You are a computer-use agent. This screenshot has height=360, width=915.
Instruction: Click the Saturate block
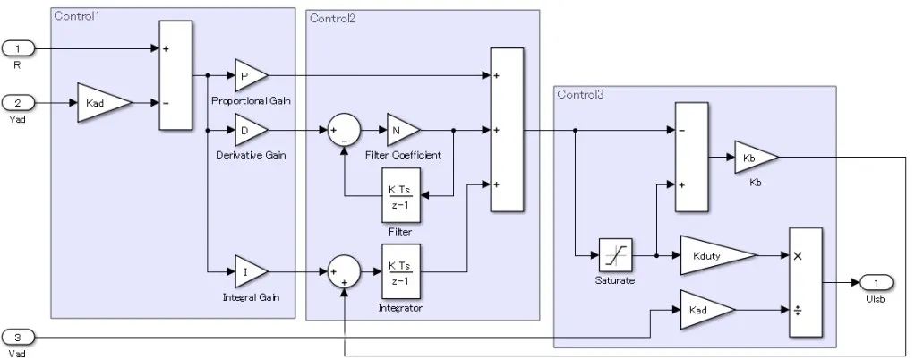(x=616, y=256)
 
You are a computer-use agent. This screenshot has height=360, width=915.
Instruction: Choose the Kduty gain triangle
(x=713, y=256)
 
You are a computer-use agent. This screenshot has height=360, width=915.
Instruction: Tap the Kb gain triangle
(x=754, y=159)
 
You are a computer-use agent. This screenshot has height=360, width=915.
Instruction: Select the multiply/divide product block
(x=804, y=282)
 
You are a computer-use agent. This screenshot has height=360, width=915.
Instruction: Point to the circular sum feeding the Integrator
(x=343, y=270)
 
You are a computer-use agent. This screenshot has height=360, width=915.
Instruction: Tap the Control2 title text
(x=333, y=19)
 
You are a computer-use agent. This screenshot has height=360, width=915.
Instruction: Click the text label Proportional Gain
(x=251, y=100)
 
